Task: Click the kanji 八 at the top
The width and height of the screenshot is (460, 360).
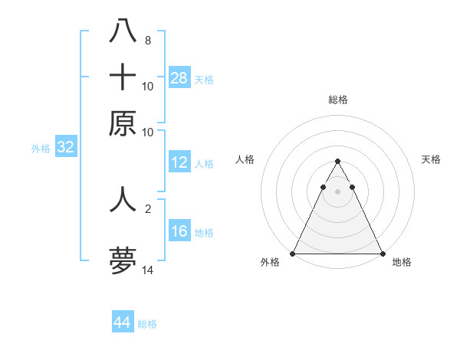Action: click(123, 31)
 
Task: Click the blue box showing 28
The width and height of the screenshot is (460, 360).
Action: click(179, 78)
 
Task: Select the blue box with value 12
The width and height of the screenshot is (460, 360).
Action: click(179, 162)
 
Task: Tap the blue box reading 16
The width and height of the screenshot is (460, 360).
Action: click(179, 232)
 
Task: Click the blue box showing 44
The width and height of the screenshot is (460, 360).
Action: click(123, 322)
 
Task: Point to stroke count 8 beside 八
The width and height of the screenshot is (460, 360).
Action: click(147, 40)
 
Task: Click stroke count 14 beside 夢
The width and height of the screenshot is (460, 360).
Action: click(147, 270)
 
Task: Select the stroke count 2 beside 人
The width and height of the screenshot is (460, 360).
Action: click(147, 208)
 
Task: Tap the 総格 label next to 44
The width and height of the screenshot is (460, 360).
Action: click(147, 324)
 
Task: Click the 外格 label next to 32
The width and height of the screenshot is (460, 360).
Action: click(40, 149)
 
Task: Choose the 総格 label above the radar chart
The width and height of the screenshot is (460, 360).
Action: click(337, 100)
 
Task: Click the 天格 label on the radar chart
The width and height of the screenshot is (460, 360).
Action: click(432, 159)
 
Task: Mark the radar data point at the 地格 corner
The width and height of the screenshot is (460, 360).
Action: click(382, 253)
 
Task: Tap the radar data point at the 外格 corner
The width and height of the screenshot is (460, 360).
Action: click(293, 253)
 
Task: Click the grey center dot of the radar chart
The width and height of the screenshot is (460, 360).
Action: click(337, 191)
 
